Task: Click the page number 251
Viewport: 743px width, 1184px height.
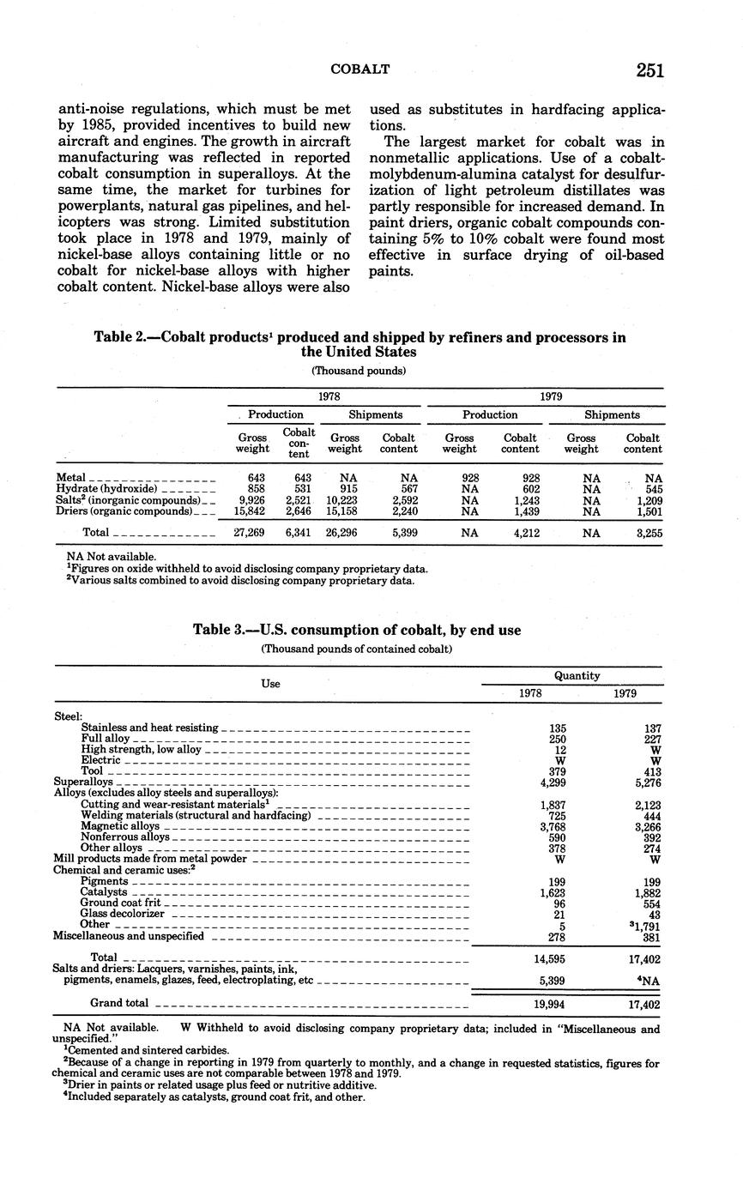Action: pos(649,70)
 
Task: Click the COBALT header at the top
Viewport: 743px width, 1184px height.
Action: pos(360,69)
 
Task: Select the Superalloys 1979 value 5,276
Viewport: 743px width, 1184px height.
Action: pos(644,782)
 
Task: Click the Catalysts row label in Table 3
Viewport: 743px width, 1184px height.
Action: pos(103,892)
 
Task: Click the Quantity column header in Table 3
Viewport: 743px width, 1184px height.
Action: pos(577,676)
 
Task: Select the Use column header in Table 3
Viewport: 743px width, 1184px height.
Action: pos(270,684)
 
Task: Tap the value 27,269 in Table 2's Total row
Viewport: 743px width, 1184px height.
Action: pos(248,533)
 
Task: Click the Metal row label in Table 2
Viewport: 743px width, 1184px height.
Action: pos(70,478)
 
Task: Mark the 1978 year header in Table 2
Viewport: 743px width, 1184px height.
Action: pos(329,397)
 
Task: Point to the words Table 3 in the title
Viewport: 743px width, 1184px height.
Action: pos(219,631)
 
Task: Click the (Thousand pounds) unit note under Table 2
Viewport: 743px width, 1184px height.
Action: pos(359,371)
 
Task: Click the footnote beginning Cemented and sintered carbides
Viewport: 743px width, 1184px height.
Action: pos(146,1050)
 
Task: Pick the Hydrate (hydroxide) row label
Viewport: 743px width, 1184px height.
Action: pos(106,489)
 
